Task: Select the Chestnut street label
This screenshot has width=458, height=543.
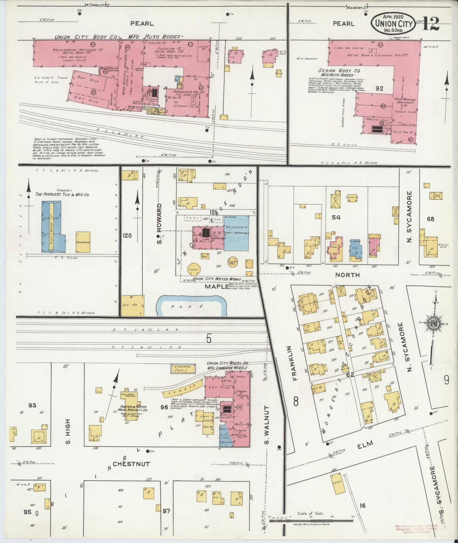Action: click(x=131, y=464)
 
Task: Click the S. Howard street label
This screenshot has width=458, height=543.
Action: click(x=160, y=224)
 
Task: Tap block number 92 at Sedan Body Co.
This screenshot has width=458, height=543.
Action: click(x=379, y=89)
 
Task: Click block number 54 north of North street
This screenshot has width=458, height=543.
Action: click(x=336, y=217)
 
